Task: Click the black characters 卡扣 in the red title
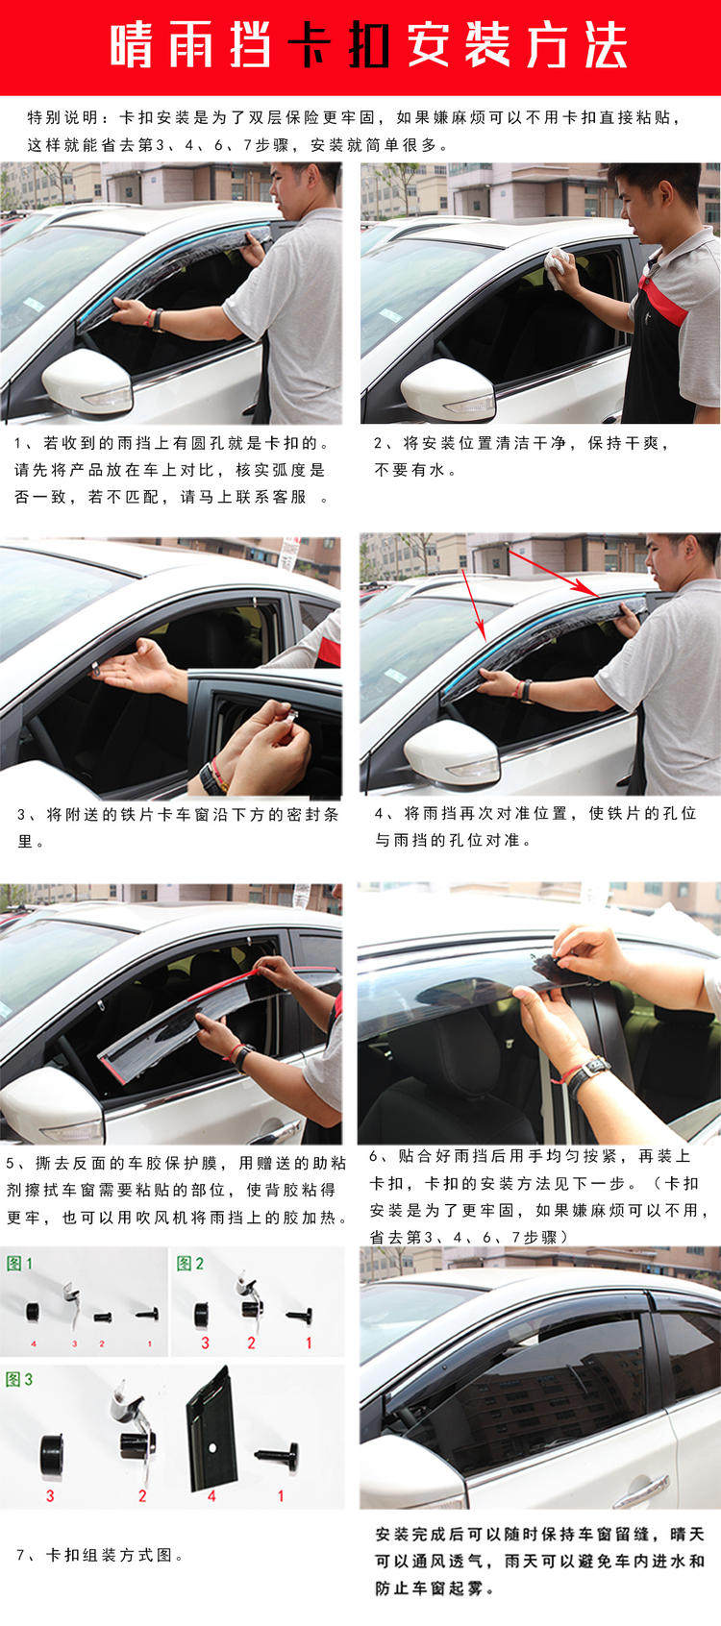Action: (x=339, y=45)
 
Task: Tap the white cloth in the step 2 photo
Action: (x=558, y=266)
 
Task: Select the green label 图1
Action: (x=19, y=1264)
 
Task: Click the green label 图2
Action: (x=190, y=1264)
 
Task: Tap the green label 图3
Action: (x=19, y=1379)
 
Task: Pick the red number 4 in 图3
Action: (x=211, y=1495)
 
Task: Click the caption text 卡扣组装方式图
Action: (x=110, y=1556)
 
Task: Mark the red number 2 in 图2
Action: (x=251, y=1343)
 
